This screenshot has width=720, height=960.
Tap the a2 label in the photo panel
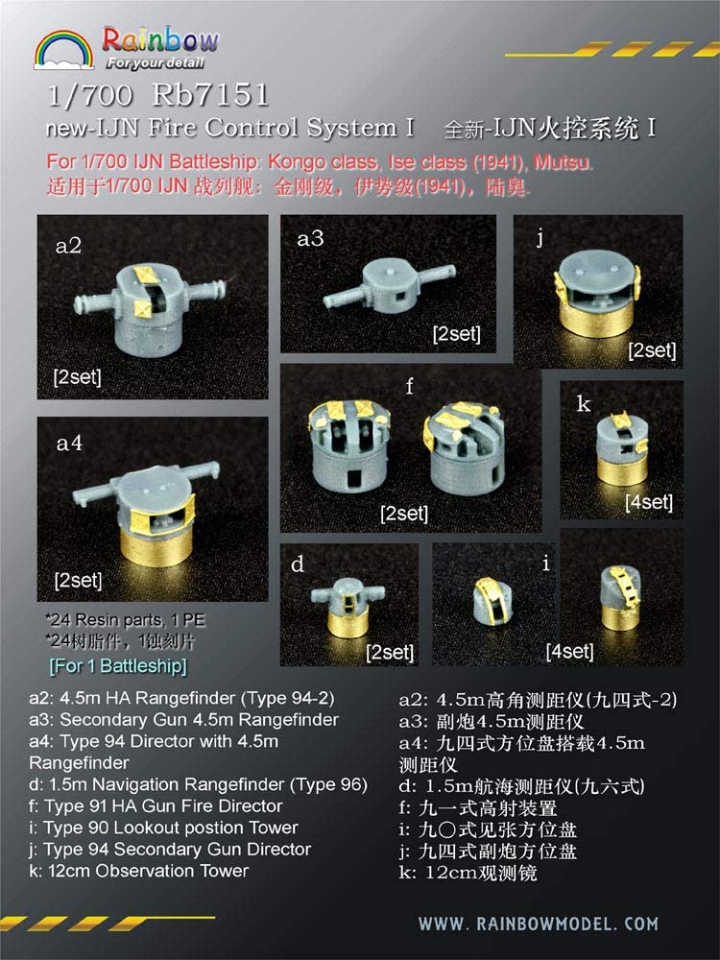68,246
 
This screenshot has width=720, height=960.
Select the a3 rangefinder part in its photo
389,286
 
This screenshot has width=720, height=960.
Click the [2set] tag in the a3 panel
456,334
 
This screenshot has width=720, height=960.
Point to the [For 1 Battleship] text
116,665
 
